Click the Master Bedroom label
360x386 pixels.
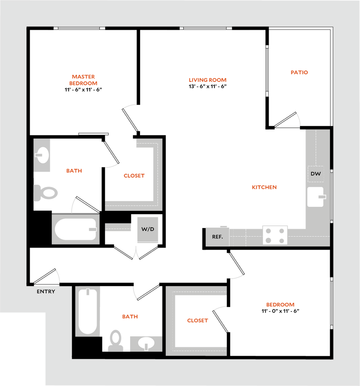pyautogui.click(x=83, y=80)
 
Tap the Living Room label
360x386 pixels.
pyautogui.click(x=208, y=80)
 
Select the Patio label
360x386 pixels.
pyautogui.click(x=300, y=72)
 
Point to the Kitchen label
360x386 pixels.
pyautogui.click(x=265, y=187)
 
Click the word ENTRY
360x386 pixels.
pyautogui.click(x=46, y=291)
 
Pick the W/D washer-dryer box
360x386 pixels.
pyautogui.click(x=148, y=230)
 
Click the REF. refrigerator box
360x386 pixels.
pyautogui.click(x=217, y=237)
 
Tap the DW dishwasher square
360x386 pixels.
pyautogui.click(x=315, y=174)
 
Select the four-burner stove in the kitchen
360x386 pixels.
pyautogui.click(x=275, y=236)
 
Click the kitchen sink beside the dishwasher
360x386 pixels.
pyautogui.click(x=315, y=197)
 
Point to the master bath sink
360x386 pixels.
pyautogui.click(x=42, y=155)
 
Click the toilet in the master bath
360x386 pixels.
pyautogui.click(x=46, y=193)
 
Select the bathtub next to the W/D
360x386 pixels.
pyautogui.click(x=76, y=229)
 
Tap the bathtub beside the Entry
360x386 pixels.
pyautogui.click(x=88, y=311)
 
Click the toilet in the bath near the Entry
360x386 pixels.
pyautogui.click(x=115, y=341)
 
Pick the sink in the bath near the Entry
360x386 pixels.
pyautogui.click(x=146, y=343)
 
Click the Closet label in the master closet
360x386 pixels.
pyautogui.click(x=134, y=176)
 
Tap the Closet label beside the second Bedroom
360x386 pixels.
pyautogui.click(x=197, y=321)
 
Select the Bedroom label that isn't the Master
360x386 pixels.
pyautogui.click(x=280, y=305)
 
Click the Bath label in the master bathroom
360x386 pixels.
pyautogui.click(x=74, y=171)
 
